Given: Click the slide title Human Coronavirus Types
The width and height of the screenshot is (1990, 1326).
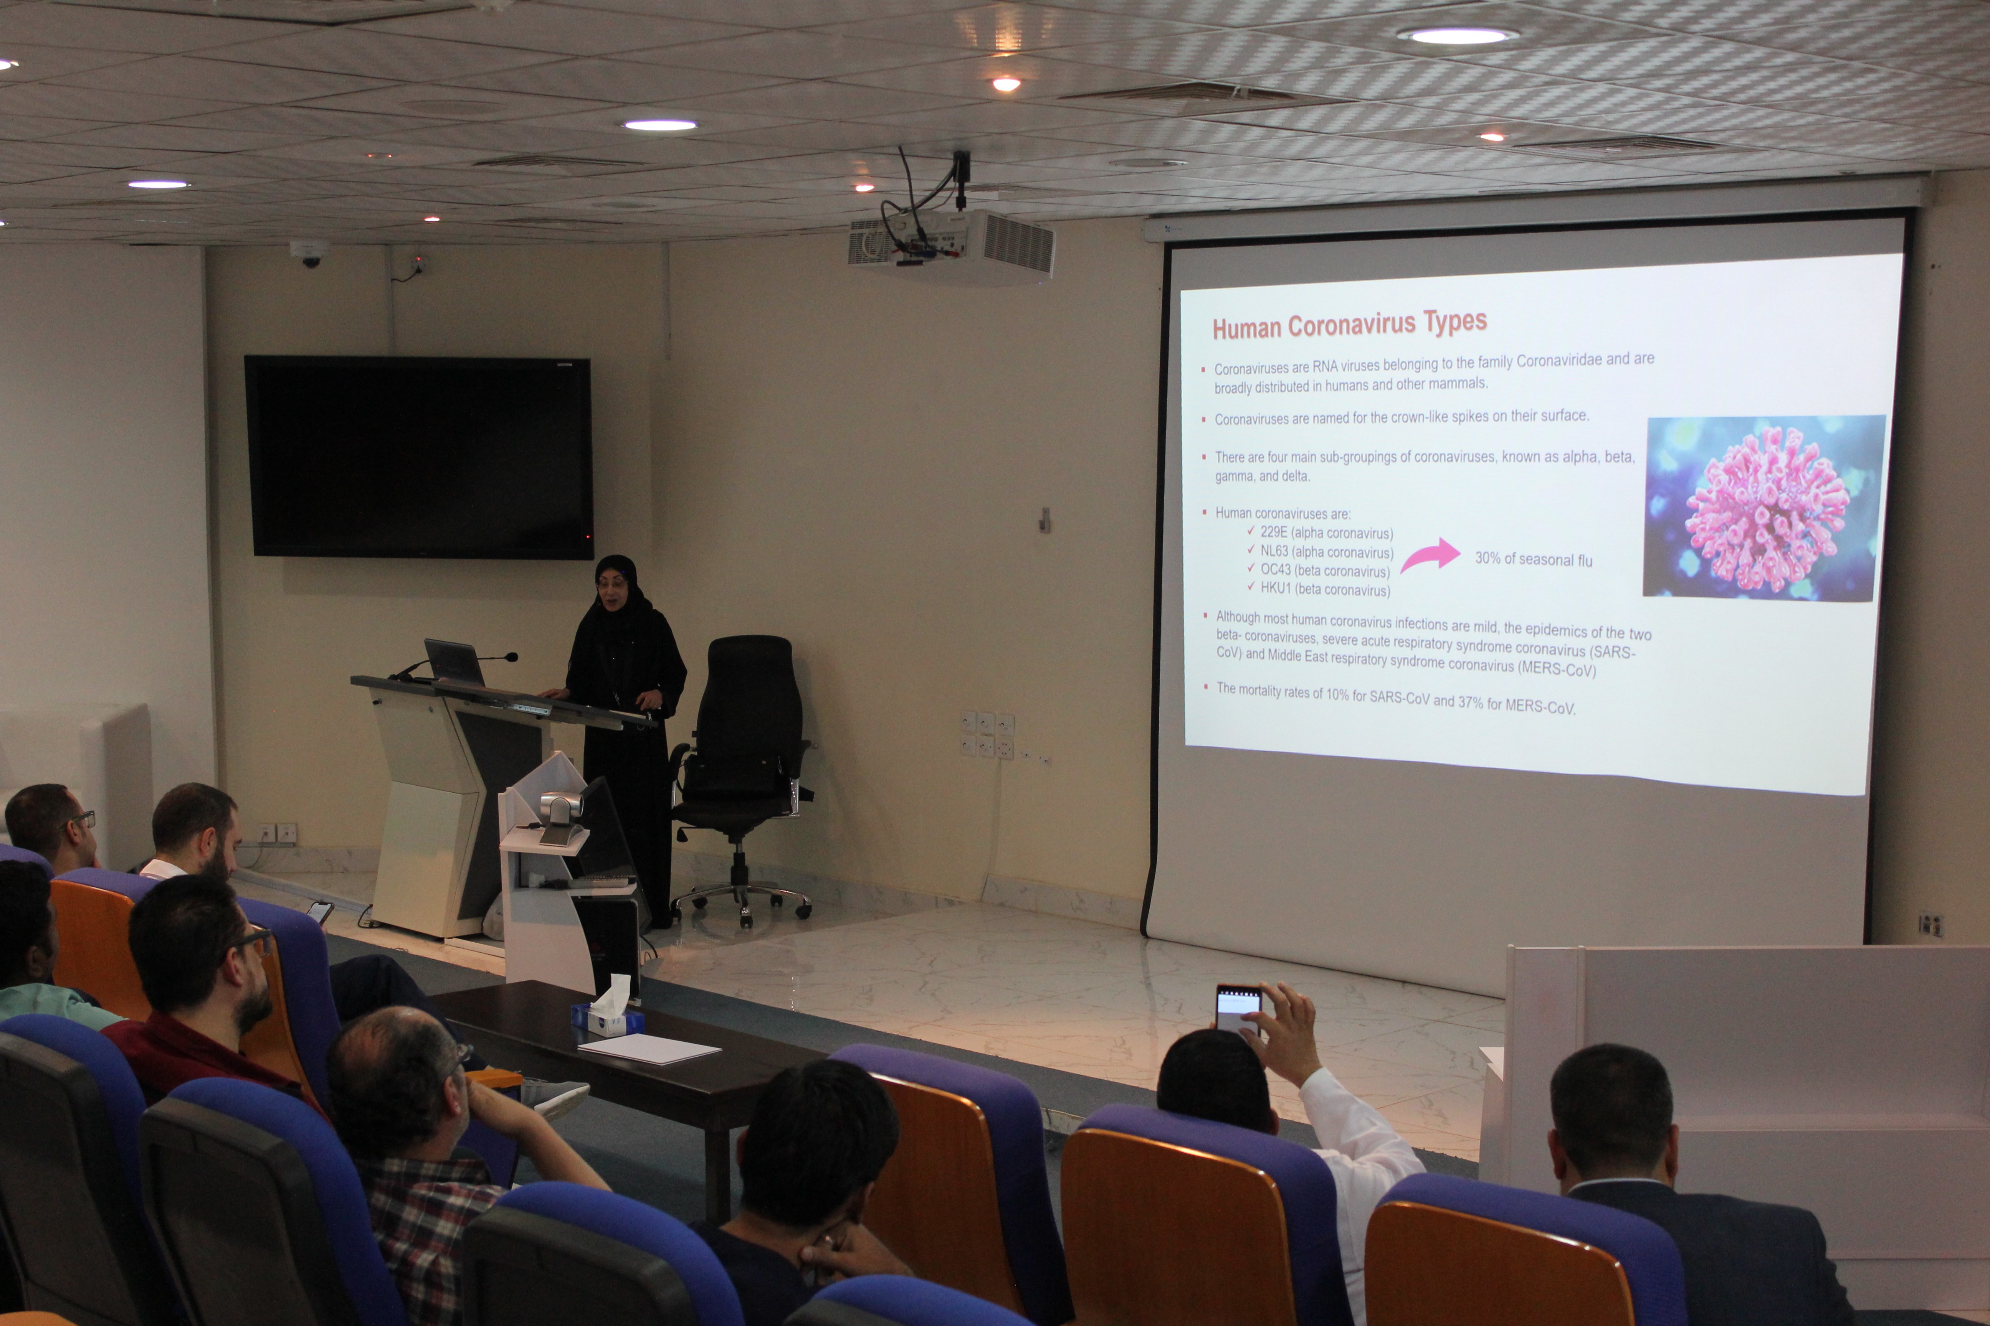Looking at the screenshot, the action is coord(1350,324).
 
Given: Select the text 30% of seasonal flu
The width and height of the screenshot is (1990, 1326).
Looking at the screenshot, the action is coord(1533,559).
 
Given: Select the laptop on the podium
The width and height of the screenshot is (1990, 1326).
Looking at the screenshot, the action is coord(455,662).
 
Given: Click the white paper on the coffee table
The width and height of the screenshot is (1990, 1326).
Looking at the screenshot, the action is coord(649,1049).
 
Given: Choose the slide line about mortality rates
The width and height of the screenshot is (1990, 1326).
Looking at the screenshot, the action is coord(1395,699).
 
